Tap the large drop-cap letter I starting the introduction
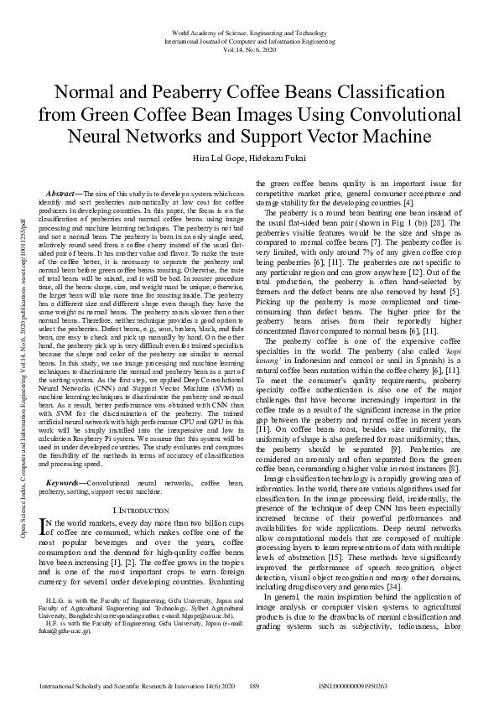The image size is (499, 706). pos(44,527)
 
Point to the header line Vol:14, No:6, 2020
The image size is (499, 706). pos(249,49)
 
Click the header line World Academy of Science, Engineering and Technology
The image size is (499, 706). pos(249,31)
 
